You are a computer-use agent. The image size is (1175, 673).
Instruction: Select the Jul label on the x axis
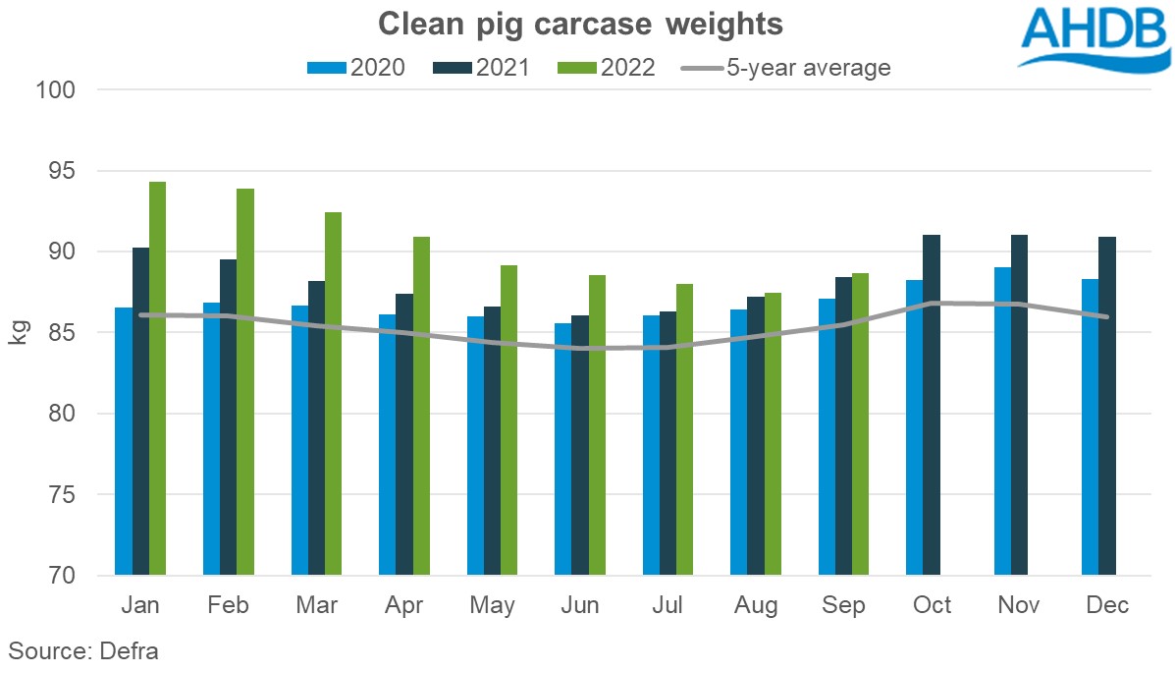[x=668, y=605]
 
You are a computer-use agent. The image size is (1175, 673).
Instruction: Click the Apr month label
[x=404, y=605]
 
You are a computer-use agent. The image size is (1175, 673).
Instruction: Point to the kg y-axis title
[x=19, y=332]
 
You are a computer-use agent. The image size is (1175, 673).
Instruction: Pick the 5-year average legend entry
[x=785, y=68]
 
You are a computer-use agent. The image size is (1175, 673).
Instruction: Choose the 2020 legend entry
[x=356, y=68]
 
